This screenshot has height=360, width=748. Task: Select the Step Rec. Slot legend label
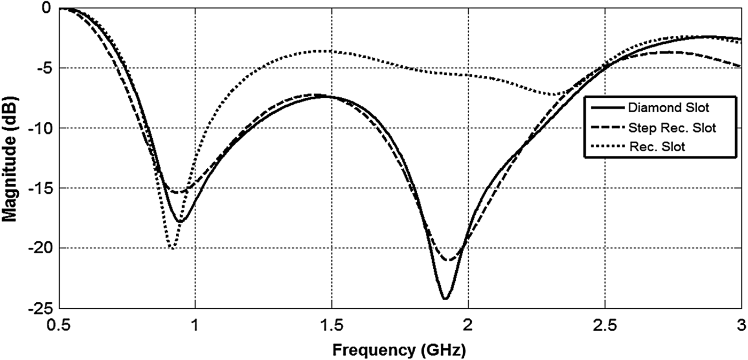pos(672,128)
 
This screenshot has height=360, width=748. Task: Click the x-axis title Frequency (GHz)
pos(399,350)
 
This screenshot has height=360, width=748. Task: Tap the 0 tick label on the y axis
pos(47,8)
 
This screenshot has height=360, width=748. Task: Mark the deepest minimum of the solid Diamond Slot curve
pos(445,299)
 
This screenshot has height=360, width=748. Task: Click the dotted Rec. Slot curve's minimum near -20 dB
pos(172,248)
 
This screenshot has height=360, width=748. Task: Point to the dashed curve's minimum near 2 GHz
pos(450,261)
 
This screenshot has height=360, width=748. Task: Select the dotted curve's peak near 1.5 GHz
pos(321,51)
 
